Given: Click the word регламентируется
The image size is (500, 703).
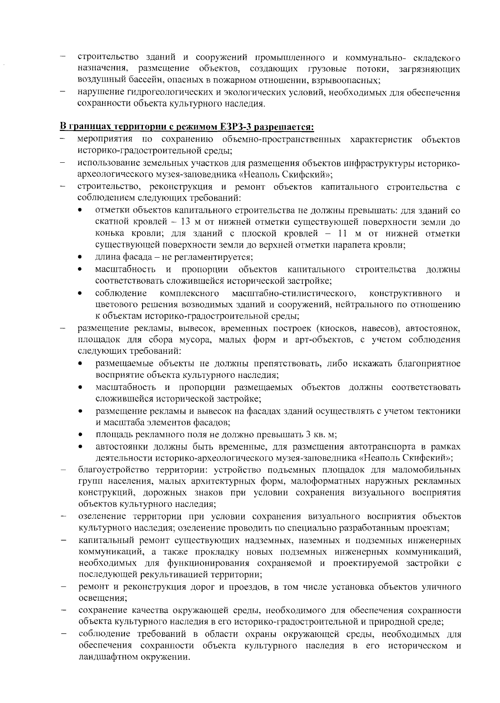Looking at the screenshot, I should [x=217, y=257].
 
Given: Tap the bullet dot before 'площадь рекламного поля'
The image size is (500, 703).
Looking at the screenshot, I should [x=80, y=435].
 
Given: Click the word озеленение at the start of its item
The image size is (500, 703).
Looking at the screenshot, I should [x=102, y=517].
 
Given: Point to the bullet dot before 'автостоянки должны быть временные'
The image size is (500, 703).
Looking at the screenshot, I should [x=80, y=447].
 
